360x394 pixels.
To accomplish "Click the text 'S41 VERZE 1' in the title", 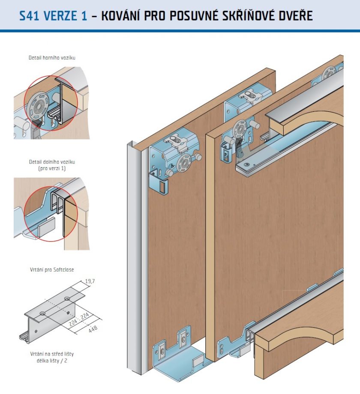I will (53, 16).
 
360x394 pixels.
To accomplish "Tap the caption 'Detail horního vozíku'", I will (52, 57).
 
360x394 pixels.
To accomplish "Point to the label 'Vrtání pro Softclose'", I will (51, 270).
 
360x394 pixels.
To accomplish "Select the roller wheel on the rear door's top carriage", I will (186, 163).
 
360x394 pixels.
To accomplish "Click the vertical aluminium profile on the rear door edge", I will (135, 257).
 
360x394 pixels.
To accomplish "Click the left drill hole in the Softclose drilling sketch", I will (43, 314).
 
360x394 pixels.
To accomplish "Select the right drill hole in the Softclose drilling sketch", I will (67, 298).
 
